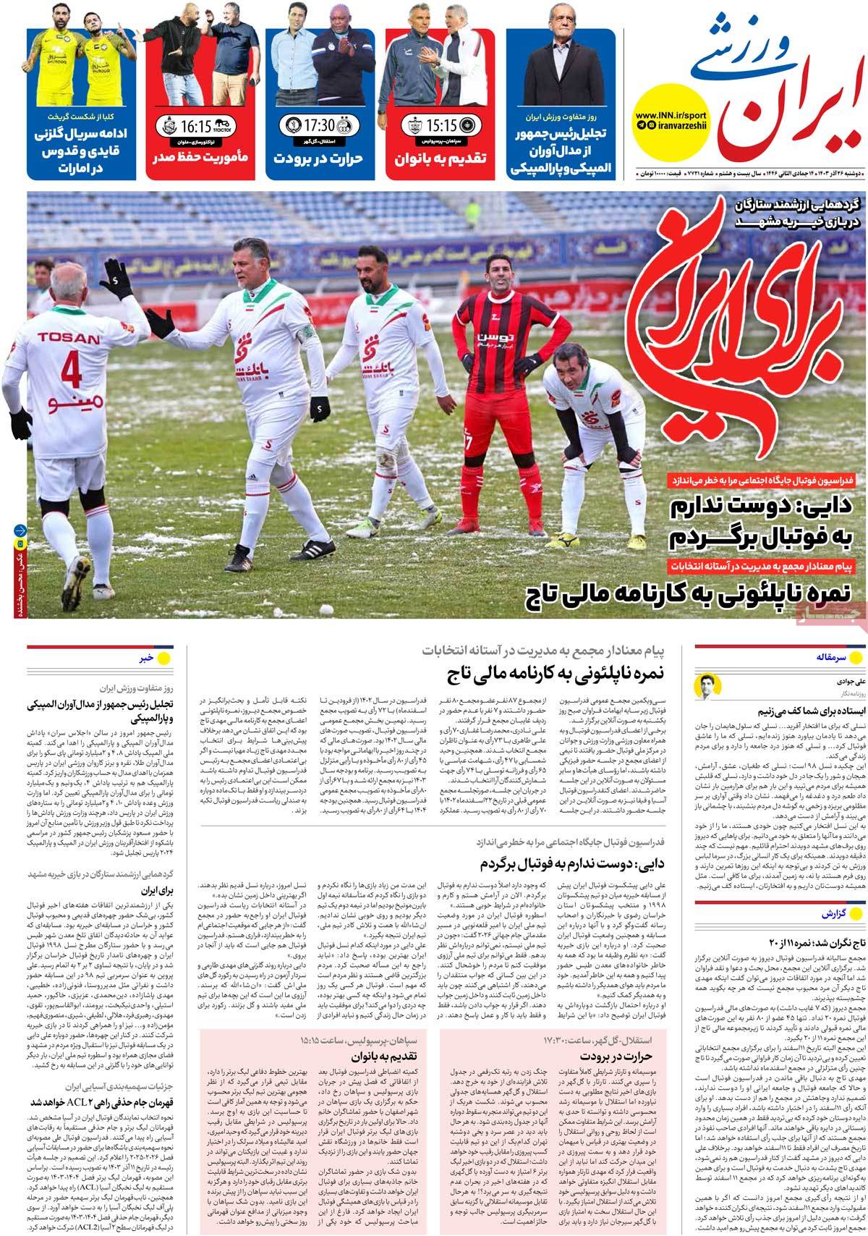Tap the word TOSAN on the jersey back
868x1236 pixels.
(x=68, y=338)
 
